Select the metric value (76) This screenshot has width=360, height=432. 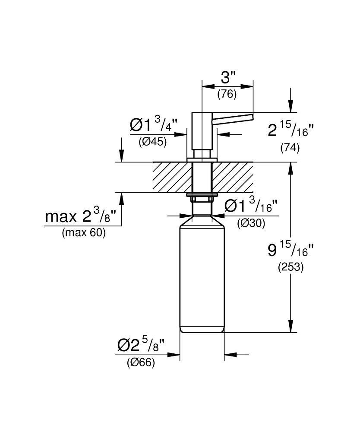coord(227,94)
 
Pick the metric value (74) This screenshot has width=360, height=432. coord(290,147)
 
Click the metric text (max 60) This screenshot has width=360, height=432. coord(83,233)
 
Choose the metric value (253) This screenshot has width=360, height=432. coord(290,267)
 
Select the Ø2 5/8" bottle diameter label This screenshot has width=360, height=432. coord(141,346)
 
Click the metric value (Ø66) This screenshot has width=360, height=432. coord(141,363)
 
